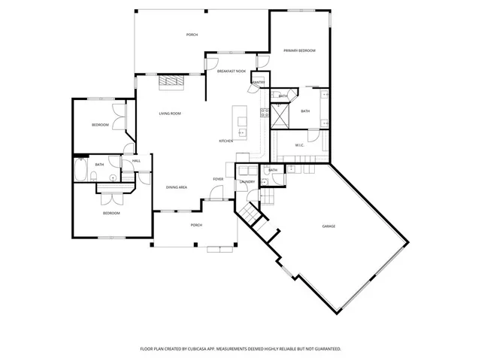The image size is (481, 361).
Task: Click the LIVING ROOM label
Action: (169, 114)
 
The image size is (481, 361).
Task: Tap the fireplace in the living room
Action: (174, 82)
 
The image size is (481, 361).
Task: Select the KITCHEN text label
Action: (225, 141)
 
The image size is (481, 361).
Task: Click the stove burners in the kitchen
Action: (265, 114)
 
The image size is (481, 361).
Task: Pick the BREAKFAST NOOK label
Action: (231, 71)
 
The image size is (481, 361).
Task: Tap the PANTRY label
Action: (258, 81)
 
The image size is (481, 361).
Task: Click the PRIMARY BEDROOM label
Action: (299, 50)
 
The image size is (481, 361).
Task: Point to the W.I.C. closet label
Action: (298, 145)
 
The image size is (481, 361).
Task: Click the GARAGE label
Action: (328, 226)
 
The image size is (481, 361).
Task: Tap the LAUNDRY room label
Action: (247, 182)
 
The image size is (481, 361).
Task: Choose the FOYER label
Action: (218, 179)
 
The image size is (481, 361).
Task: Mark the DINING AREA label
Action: (177, 187)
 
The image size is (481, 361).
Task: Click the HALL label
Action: (136, 161)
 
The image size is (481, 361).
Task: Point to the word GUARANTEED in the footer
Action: (324, 349)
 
